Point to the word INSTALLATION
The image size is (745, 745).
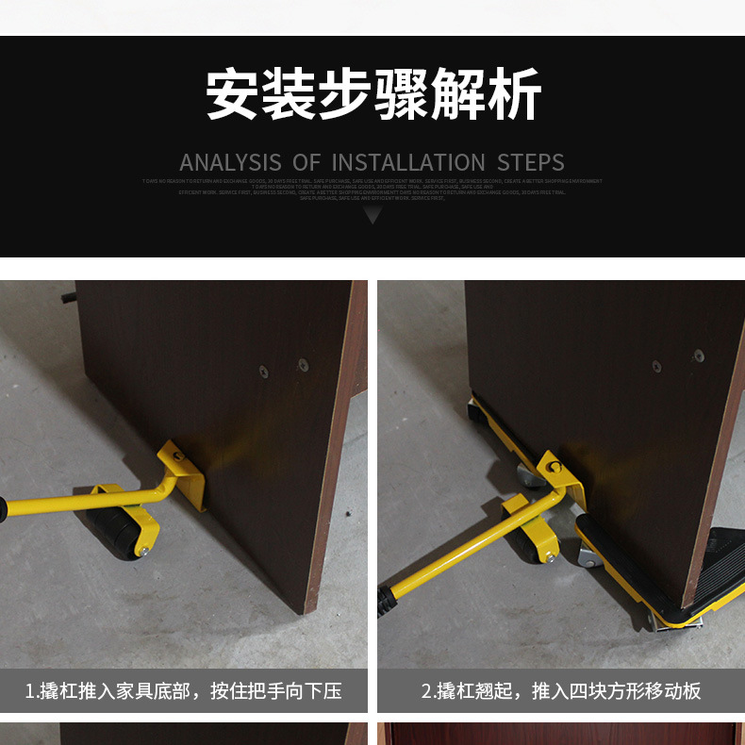click(407, 162)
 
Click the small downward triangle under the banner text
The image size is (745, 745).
click(372, 215)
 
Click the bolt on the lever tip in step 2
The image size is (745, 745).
click(555, 467)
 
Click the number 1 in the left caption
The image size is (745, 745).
click(30, 691)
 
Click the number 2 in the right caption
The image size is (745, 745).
click(426, 691)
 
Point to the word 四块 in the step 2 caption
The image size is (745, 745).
click(583, 691)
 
